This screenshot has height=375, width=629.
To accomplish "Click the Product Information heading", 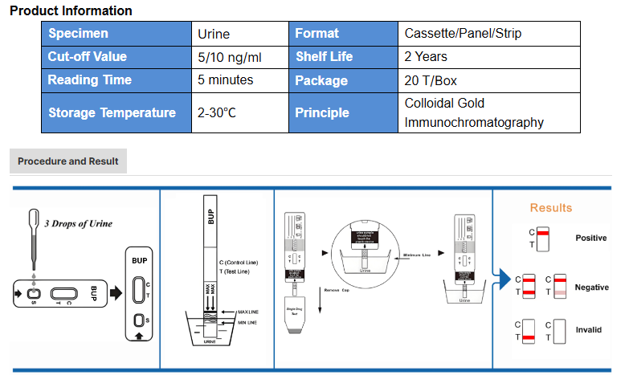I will [x=71, y=11].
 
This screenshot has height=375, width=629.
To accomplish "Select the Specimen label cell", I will [x=78, y=34].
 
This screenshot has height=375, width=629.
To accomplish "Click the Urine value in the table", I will [x=214, y=34].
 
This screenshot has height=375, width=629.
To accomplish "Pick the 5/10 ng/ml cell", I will [x=230, y=57].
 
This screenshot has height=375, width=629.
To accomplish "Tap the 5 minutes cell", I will [x=226, y=80].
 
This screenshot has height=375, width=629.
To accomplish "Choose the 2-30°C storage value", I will [x=217, y=113].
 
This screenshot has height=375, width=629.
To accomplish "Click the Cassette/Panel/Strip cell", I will [x=466, y=34].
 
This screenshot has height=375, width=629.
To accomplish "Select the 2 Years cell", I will [x=427, y=57].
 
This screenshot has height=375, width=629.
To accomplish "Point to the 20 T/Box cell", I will [x=431, y=80].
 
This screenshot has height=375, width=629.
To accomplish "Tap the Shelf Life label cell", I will [x=324, y=57].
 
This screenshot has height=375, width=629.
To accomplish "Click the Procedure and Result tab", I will [x=68, y=161].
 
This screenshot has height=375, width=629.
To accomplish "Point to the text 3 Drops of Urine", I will [x=78, y=223].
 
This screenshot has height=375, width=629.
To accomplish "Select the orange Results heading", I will [x=551, y=208].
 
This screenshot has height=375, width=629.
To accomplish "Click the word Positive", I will [x=591, y=238].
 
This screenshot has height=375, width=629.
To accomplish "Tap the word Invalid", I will [x=589, y=330].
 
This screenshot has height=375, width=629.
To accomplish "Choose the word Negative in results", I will [x=592, y=287].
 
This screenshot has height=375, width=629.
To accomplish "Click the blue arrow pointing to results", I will [x=502, y=279].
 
